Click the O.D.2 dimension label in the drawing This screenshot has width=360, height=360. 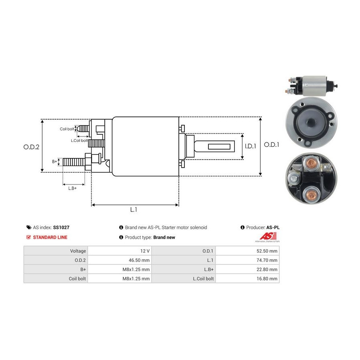pos(31,147)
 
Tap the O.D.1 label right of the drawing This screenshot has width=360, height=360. pos(272,145)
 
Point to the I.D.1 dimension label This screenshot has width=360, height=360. pos(250,146)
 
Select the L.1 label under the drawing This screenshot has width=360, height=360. pos(134,209)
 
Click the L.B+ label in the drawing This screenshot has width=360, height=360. pos(72,188)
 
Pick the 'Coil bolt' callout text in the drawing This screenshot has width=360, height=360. pos(67,129)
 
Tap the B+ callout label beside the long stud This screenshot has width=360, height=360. pos(55,162)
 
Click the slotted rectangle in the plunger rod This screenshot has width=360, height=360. pos(222,146)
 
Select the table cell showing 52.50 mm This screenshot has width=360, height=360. pos(247,251)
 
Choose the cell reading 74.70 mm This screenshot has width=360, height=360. pos(247,260)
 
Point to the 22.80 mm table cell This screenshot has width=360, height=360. pos(247,269)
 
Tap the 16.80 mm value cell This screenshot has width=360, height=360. pos(247,278)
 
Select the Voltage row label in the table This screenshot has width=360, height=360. pos(78,251)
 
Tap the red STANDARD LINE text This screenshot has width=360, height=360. pos(50,237)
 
